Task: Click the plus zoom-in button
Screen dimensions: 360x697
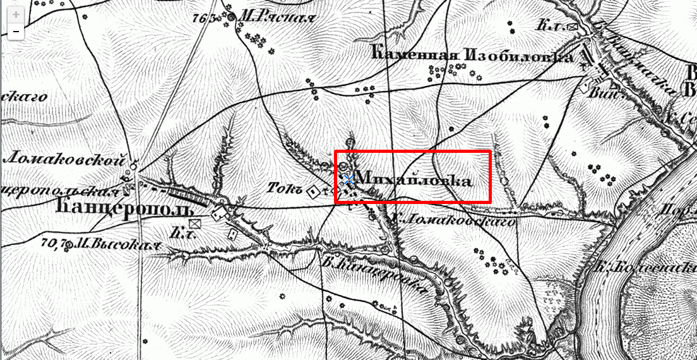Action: (16, 14)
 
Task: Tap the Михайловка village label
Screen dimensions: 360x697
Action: (414, 180)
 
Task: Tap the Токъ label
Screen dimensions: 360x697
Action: (284, 188)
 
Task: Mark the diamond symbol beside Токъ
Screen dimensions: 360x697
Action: (313, 190)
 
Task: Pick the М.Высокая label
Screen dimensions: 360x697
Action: (114, 244)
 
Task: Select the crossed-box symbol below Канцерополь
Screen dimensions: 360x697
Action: (194, 223)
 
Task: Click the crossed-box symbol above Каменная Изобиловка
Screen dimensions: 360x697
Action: (573, 27)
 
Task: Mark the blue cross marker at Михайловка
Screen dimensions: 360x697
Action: (348, 179)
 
